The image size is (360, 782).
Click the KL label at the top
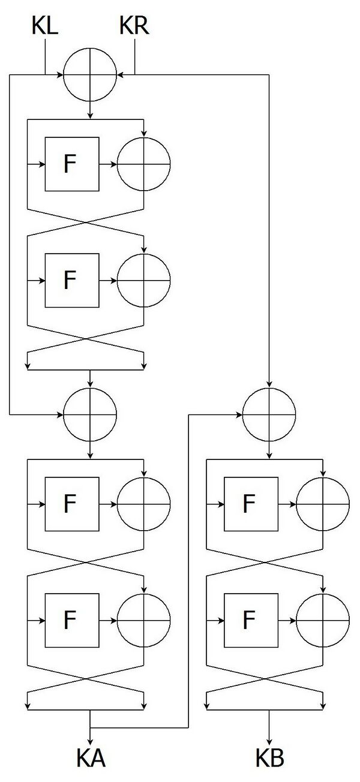[44, 26]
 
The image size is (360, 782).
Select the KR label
[134, 26]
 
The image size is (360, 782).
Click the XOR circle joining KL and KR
[90, 48]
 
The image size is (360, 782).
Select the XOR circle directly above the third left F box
[90, 388]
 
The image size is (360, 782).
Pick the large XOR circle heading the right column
[269, 388]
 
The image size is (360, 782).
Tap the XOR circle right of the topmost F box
[143, 137]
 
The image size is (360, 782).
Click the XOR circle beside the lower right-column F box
[323, 594]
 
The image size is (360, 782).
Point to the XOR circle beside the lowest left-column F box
[143, 594]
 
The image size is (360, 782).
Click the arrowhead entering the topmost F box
[42, 164]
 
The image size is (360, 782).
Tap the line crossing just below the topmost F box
[86, 222]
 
